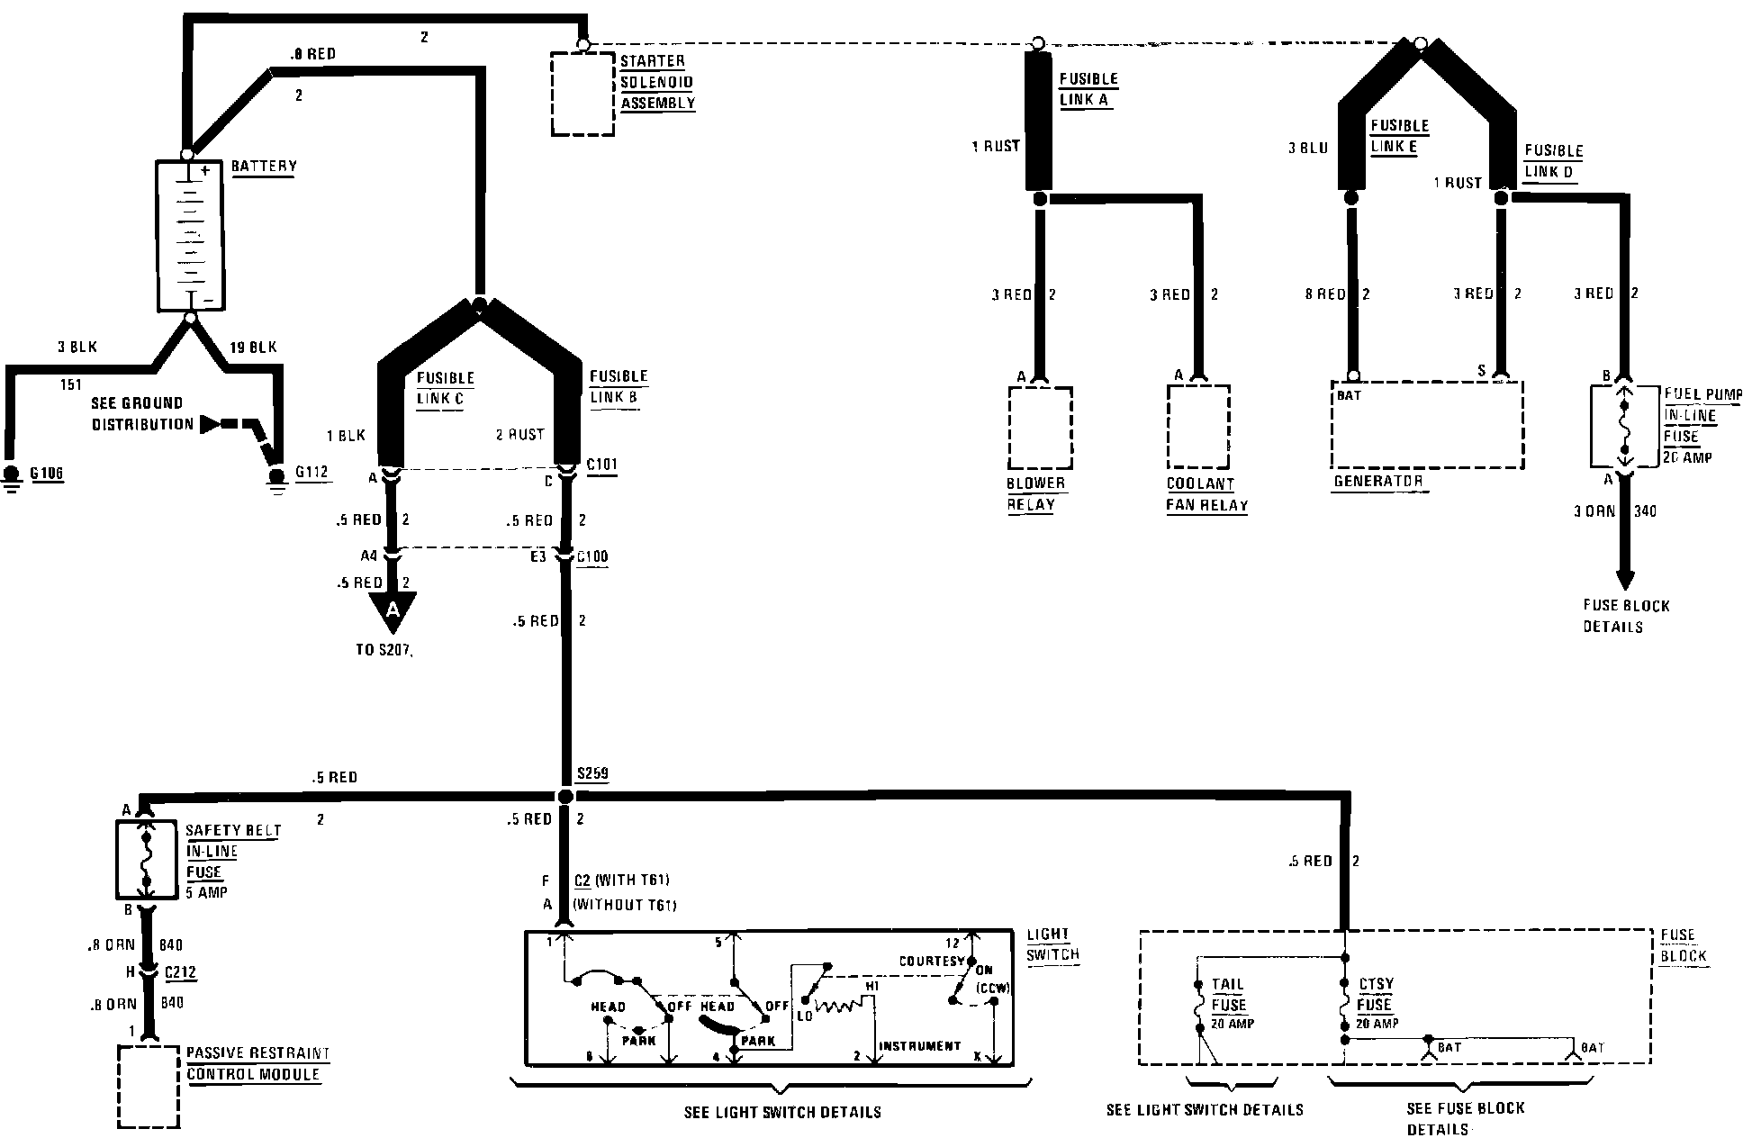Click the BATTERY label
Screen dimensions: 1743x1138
pos(263,167)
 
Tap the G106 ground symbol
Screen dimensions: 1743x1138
pos(12,476)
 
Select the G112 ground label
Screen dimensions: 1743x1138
pos(312,473)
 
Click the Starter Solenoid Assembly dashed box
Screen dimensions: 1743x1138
pos(583,94)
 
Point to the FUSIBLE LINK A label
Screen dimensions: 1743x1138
pos(1088,89)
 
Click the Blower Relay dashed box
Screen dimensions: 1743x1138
pos(1040,428)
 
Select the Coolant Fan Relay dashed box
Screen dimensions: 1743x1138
pos(1198,427)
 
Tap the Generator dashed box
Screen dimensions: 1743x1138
pos(1426,424)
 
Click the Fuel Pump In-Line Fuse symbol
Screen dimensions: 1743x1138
pos(1625,428)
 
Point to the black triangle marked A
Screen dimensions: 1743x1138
pos(393,611)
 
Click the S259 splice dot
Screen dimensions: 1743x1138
pos(564,797)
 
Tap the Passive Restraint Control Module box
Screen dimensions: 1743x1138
pos(149,1086)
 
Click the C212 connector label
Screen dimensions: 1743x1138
pos(180,973)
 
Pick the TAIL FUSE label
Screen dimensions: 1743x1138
pos(1228,995)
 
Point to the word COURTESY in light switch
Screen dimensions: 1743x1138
pos(931,962)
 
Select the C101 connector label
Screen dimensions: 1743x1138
pos(601,465)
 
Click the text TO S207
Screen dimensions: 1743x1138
pos(384,649)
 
